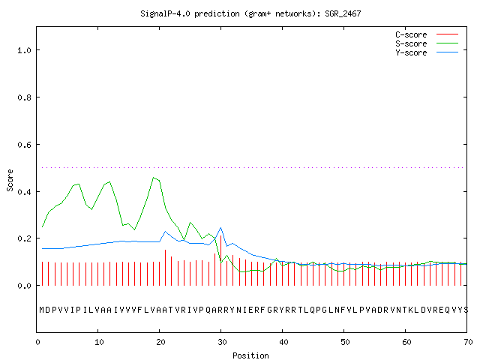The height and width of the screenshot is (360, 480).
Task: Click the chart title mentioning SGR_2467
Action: [250, 13]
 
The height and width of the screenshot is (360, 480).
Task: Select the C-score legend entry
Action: [427, 34]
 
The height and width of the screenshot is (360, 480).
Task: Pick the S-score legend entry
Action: [427, 43]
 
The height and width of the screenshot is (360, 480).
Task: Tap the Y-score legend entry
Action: [427, 52]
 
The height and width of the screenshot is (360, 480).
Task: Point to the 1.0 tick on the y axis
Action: [24, 50]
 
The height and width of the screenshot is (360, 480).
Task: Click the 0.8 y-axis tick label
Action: [24, 97]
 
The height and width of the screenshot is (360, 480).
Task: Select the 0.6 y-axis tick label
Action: [24, 145]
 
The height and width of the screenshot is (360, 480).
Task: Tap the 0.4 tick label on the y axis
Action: [24, 192]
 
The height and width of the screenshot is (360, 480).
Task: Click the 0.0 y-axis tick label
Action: [24, 286]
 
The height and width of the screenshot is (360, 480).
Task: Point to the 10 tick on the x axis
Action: [99, 342]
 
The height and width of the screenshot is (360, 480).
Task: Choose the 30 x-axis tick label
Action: [222, 342]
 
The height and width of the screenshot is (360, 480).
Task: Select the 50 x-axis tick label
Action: [345, 342]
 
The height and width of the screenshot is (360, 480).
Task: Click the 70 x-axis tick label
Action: [468, 342]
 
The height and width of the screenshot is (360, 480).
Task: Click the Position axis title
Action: [250, 355]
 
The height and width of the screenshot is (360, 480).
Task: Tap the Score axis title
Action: [10, 180]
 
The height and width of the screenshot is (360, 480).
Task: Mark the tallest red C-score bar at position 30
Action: [220, 260]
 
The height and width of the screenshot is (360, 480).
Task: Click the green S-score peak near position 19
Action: [153, 178]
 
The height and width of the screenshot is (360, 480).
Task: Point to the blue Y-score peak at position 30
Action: [220, 228]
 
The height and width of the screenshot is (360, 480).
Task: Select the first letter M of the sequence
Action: [42, 310]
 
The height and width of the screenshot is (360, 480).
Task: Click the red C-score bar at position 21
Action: [165, 268]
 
